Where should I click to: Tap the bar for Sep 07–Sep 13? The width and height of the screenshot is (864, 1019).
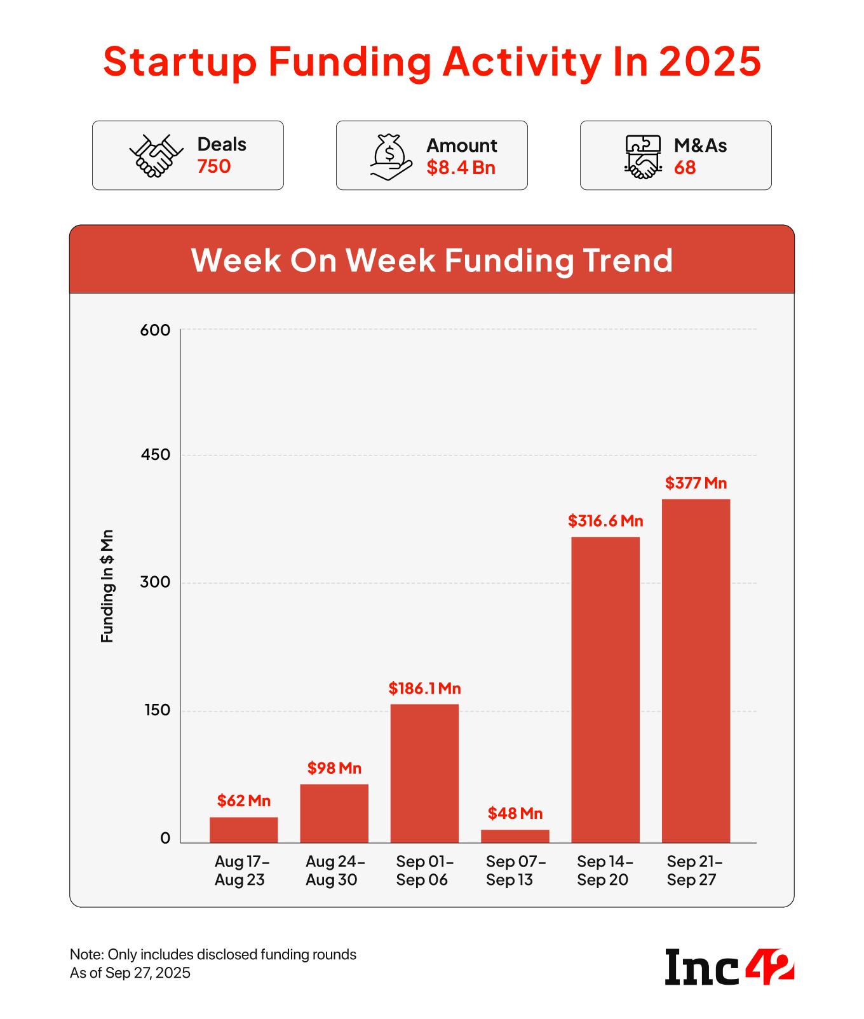(515, 836)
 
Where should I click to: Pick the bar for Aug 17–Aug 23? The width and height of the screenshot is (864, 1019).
(243, 830)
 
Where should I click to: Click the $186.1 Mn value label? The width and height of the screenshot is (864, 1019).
(424, 688)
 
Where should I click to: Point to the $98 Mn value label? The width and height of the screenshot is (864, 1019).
(334, 768)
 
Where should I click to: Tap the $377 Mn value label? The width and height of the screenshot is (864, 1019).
(696, 483)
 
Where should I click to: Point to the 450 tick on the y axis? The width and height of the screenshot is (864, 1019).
(156, 455)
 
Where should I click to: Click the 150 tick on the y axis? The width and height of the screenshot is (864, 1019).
(158, 710)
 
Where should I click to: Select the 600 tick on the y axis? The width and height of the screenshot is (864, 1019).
(156, 330)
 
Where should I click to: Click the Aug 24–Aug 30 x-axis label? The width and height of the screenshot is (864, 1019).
(334, 870)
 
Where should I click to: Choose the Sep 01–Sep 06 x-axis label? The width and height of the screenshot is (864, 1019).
(424, 870)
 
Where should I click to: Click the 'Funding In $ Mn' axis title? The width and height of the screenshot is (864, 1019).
(107, 585)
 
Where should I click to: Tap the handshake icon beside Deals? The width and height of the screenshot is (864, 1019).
(156, 156)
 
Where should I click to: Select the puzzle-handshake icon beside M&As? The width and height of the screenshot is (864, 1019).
(642, 156)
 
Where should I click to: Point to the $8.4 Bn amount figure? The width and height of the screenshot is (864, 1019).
(461, 168)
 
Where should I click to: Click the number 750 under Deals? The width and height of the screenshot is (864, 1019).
(213, 166)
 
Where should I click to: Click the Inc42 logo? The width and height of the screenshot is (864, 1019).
(729, 966)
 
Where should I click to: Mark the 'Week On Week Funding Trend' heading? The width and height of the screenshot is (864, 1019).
(432, 260)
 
